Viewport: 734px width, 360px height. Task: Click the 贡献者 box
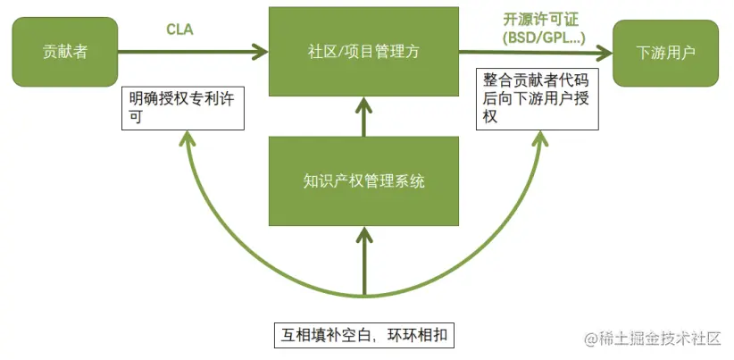pyautogui.click(x=65, y=52)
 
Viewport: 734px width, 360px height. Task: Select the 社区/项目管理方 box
pyautogui.click(x=363, y=52)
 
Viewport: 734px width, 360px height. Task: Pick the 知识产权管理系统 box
pyautogui.click(x=363, y=181)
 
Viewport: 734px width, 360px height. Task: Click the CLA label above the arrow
pyautogui.click(x=179, y=29)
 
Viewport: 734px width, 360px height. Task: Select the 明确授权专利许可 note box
pyautogui.click(x=182, y=108)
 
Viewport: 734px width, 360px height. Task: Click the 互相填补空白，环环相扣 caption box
pyautogui.click(x=364, y=336)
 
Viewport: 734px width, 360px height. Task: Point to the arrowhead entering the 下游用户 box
pyautogui.click(x=606, y=52)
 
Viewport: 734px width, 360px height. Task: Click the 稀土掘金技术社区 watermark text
pyautogui.click(x=661, y=339)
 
